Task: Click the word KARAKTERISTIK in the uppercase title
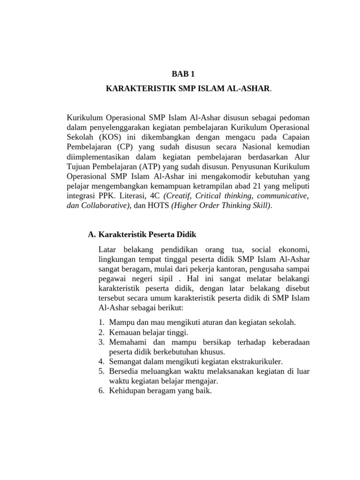coord(136,88)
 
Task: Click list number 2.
coord(101,332)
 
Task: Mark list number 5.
coord(101,371)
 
